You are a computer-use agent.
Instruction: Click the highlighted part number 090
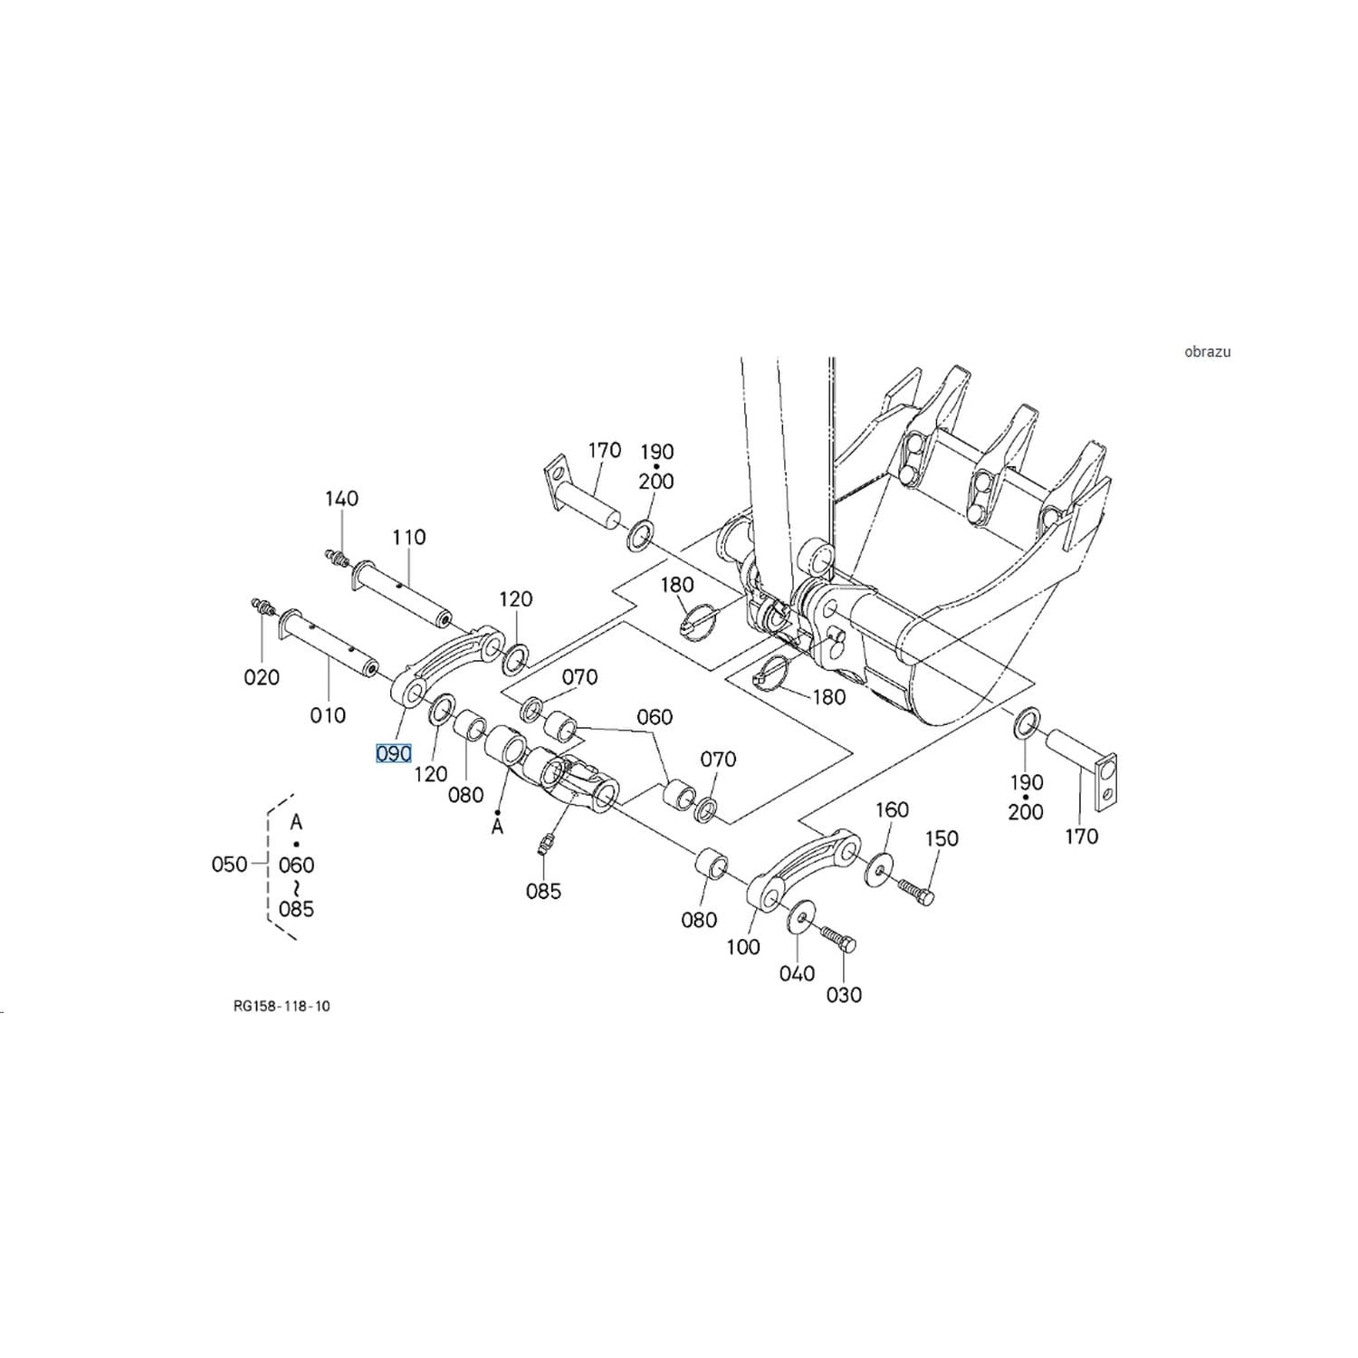coord(394,753)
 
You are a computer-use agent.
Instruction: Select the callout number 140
coord(342,498)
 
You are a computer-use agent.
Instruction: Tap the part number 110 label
coord(409,537)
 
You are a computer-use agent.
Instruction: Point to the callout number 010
coord(328,715)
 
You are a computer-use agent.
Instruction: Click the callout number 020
coord(262,676)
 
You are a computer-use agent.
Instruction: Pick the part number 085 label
coord(543,891)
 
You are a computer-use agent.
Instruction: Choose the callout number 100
coord(743,947)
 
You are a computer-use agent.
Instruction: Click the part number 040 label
coord(798,973)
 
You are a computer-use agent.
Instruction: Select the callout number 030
coord(844,995)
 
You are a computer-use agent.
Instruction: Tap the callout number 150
coord(942,838)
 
